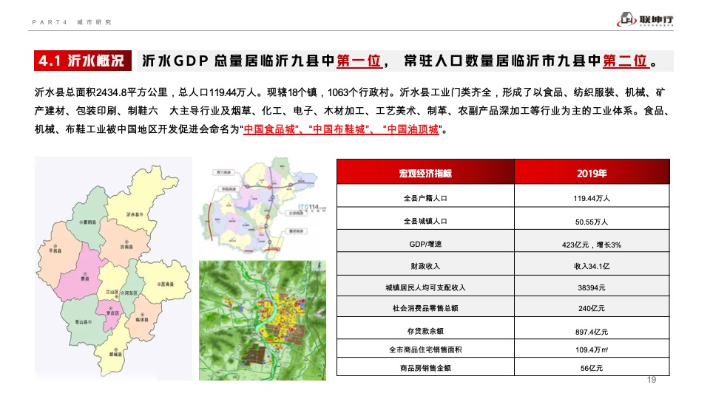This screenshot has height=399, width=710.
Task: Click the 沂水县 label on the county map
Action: [x=135, y=214]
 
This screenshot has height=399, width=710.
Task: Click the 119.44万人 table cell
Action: [x=591, y=198]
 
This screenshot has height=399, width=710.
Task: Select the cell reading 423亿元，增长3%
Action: [x=591, y=243]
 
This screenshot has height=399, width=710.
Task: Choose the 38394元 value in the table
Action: [x=591, y=287]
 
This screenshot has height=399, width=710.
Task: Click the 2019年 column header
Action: [x=591, y=174]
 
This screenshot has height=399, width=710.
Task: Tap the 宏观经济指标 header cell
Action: [x=425, y=174]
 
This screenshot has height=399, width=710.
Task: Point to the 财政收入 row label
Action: [x=425, y=265]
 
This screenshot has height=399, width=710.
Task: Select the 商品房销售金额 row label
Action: [x=425, y=367]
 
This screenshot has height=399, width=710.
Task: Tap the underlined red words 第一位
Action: [x=359, y=61]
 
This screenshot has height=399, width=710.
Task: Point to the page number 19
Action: [x=652, y=380]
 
